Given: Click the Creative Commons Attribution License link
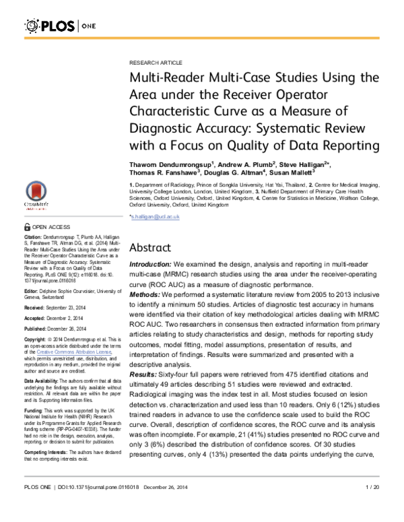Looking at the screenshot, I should pos(69,352).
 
